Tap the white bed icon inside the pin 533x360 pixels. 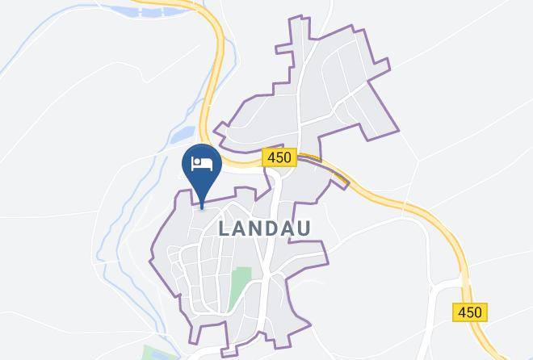click(202, 165)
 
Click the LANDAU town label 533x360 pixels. click(264, 228)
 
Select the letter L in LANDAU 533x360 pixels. click(225, 228)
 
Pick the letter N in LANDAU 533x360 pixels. click(257, 228)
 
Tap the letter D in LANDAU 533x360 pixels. click(273, 228)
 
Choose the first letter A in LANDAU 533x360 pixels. click(240, 228)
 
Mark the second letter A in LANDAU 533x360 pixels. click(289, 228)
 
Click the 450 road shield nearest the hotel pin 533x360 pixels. click(279, 158)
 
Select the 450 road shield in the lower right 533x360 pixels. click(469, 312)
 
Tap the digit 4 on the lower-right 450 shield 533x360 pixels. click(460, 312)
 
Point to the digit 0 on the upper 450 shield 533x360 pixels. click(287, 158)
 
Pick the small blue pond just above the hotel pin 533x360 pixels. click(185, 132)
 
